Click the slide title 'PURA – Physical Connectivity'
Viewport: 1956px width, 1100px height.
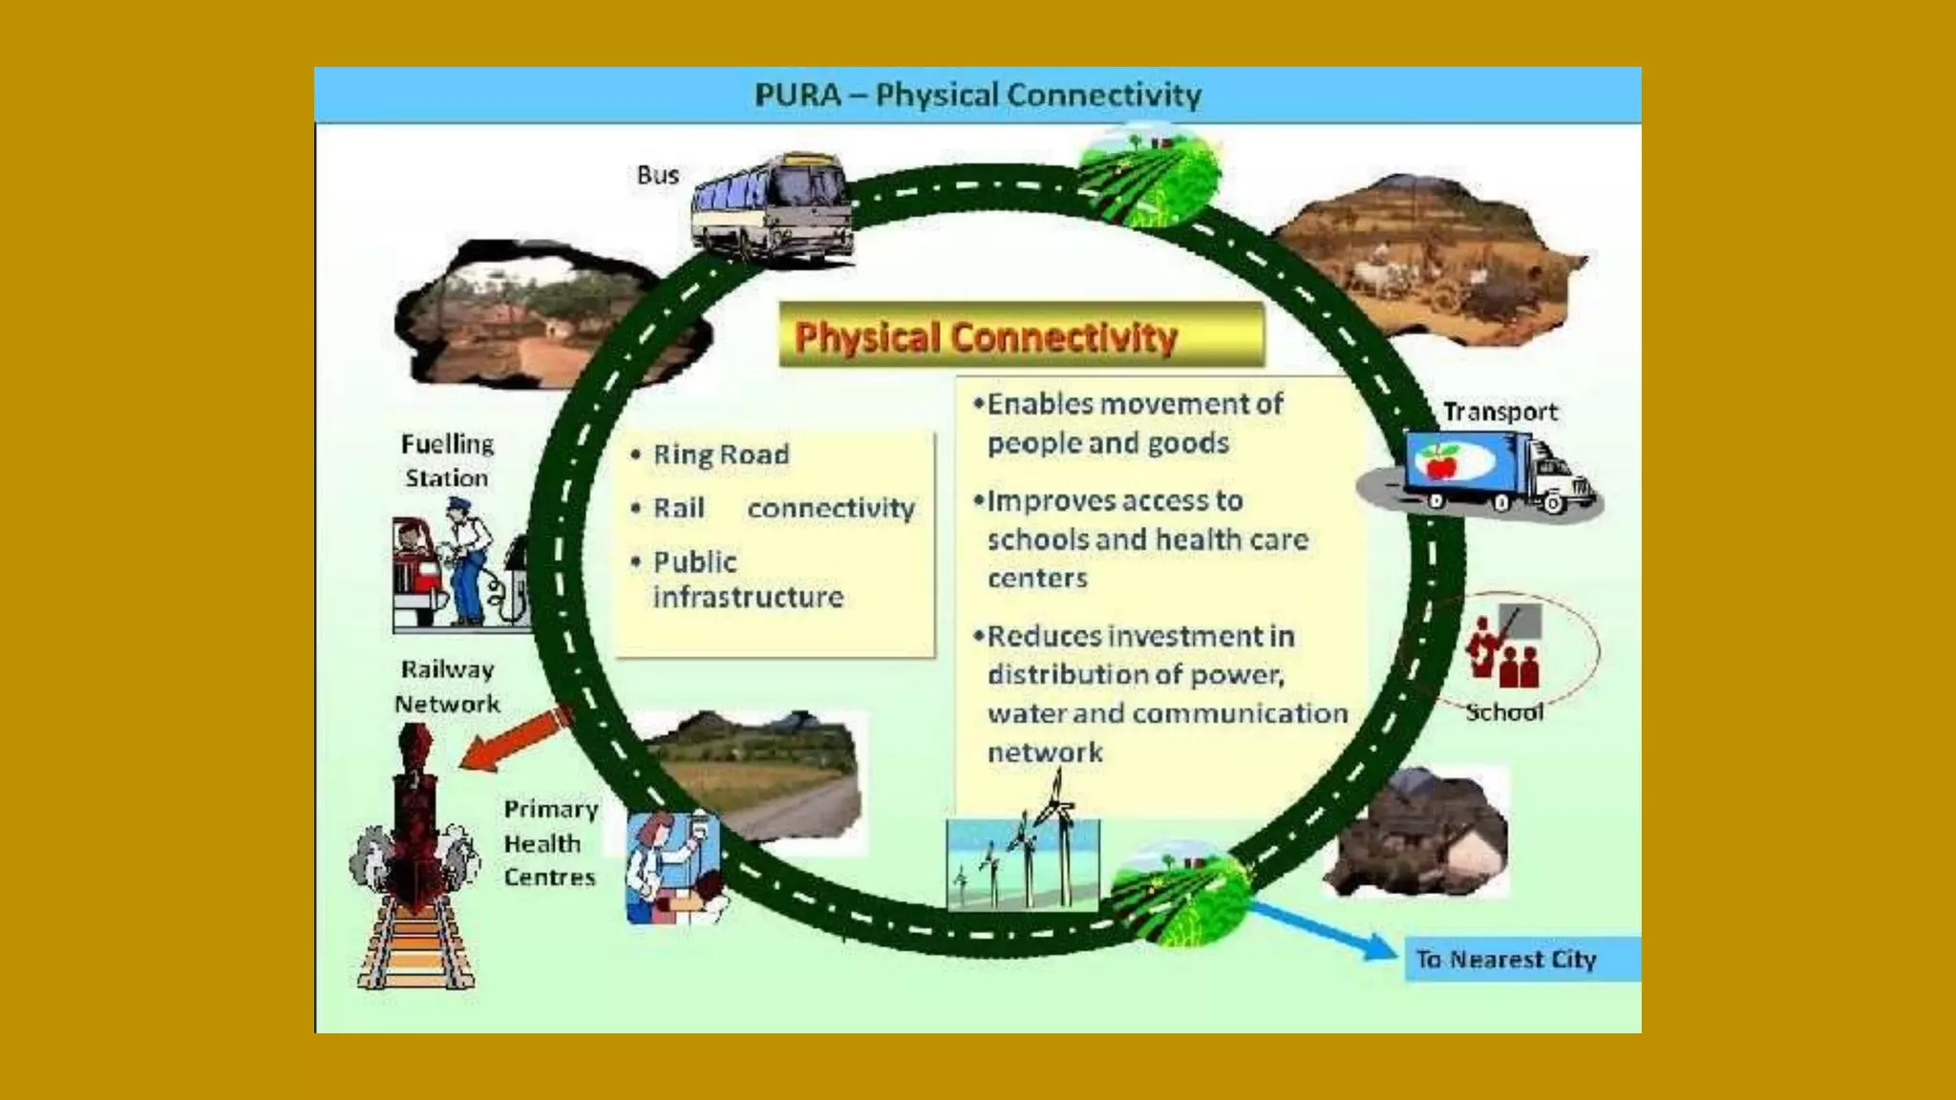click(978, 95)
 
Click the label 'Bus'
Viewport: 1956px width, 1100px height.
click(658, 176)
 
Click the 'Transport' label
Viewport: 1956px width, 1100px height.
click(1499, 412)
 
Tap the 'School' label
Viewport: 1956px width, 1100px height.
click(1504, 712)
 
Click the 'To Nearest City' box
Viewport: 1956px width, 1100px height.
click(1520, 959)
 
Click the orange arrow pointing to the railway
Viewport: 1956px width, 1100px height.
click(513, 740)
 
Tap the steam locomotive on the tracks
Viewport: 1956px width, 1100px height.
click(415, 831)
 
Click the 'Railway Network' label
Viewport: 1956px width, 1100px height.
click(447, 687)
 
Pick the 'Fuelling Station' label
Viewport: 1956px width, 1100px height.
click(447, 460)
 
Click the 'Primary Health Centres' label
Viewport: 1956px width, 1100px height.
click(550, 843)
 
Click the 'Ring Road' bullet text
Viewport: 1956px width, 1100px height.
click(721, 455)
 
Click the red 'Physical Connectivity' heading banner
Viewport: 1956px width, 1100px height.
click(1020, 336)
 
